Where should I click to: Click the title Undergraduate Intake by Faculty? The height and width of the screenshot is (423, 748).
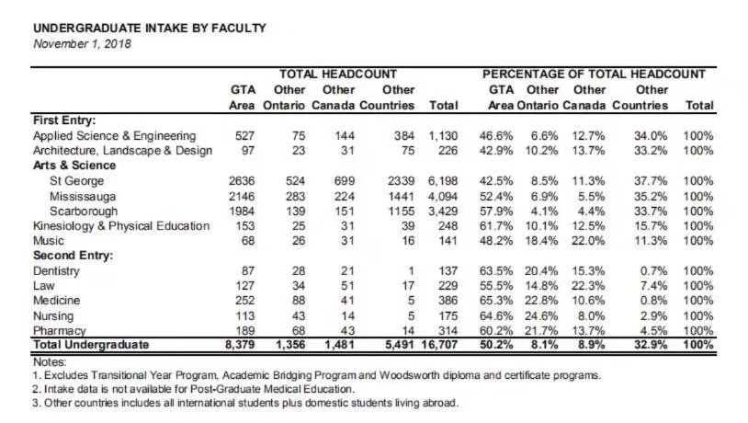tap(149, 29)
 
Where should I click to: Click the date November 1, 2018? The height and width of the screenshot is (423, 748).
tap(82, 44)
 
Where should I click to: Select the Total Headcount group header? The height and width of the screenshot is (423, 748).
tap(338, 74)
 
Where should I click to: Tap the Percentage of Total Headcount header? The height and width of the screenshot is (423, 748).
tap(594, 74)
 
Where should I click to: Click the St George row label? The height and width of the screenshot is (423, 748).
tap(76, 181)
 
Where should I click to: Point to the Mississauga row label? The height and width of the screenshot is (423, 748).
tap(82, 196)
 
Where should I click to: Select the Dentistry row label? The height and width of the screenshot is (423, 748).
tap(56, 270)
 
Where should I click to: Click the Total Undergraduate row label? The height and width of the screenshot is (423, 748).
tap(91, 345)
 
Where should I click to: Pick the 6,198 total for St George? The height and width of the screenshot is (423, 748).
tap(443, 181)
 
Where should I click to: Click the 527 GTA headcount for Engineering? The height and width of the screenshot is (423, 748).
tap(244, 136)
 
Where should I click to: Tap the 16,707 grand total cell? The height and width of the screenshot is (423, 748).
tap(439, 345)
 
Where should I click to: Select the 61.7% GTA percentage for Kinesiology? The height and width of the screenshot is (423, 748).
tap(496, 226)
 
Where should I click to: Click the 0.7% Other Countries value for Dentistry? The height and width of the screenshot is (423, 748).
tap(653, 270)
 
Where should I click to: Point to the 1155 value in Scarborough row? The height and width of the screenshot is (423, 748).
tap(402, 211)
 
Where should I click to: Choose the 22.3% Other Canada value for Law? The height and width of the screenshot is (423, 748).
tap(588, 285)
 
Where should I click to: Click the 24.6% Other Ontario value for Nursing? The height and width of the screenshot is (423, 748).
tap(541, 316)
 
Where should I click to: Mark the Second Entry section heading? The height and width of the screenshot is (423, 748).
tap(73, 256)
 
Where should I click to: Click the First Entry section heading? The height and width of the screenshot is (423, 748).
tap(64, 120)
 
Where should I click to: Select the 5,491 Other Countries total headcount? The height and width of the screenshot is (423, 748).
tap(400, 345)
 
